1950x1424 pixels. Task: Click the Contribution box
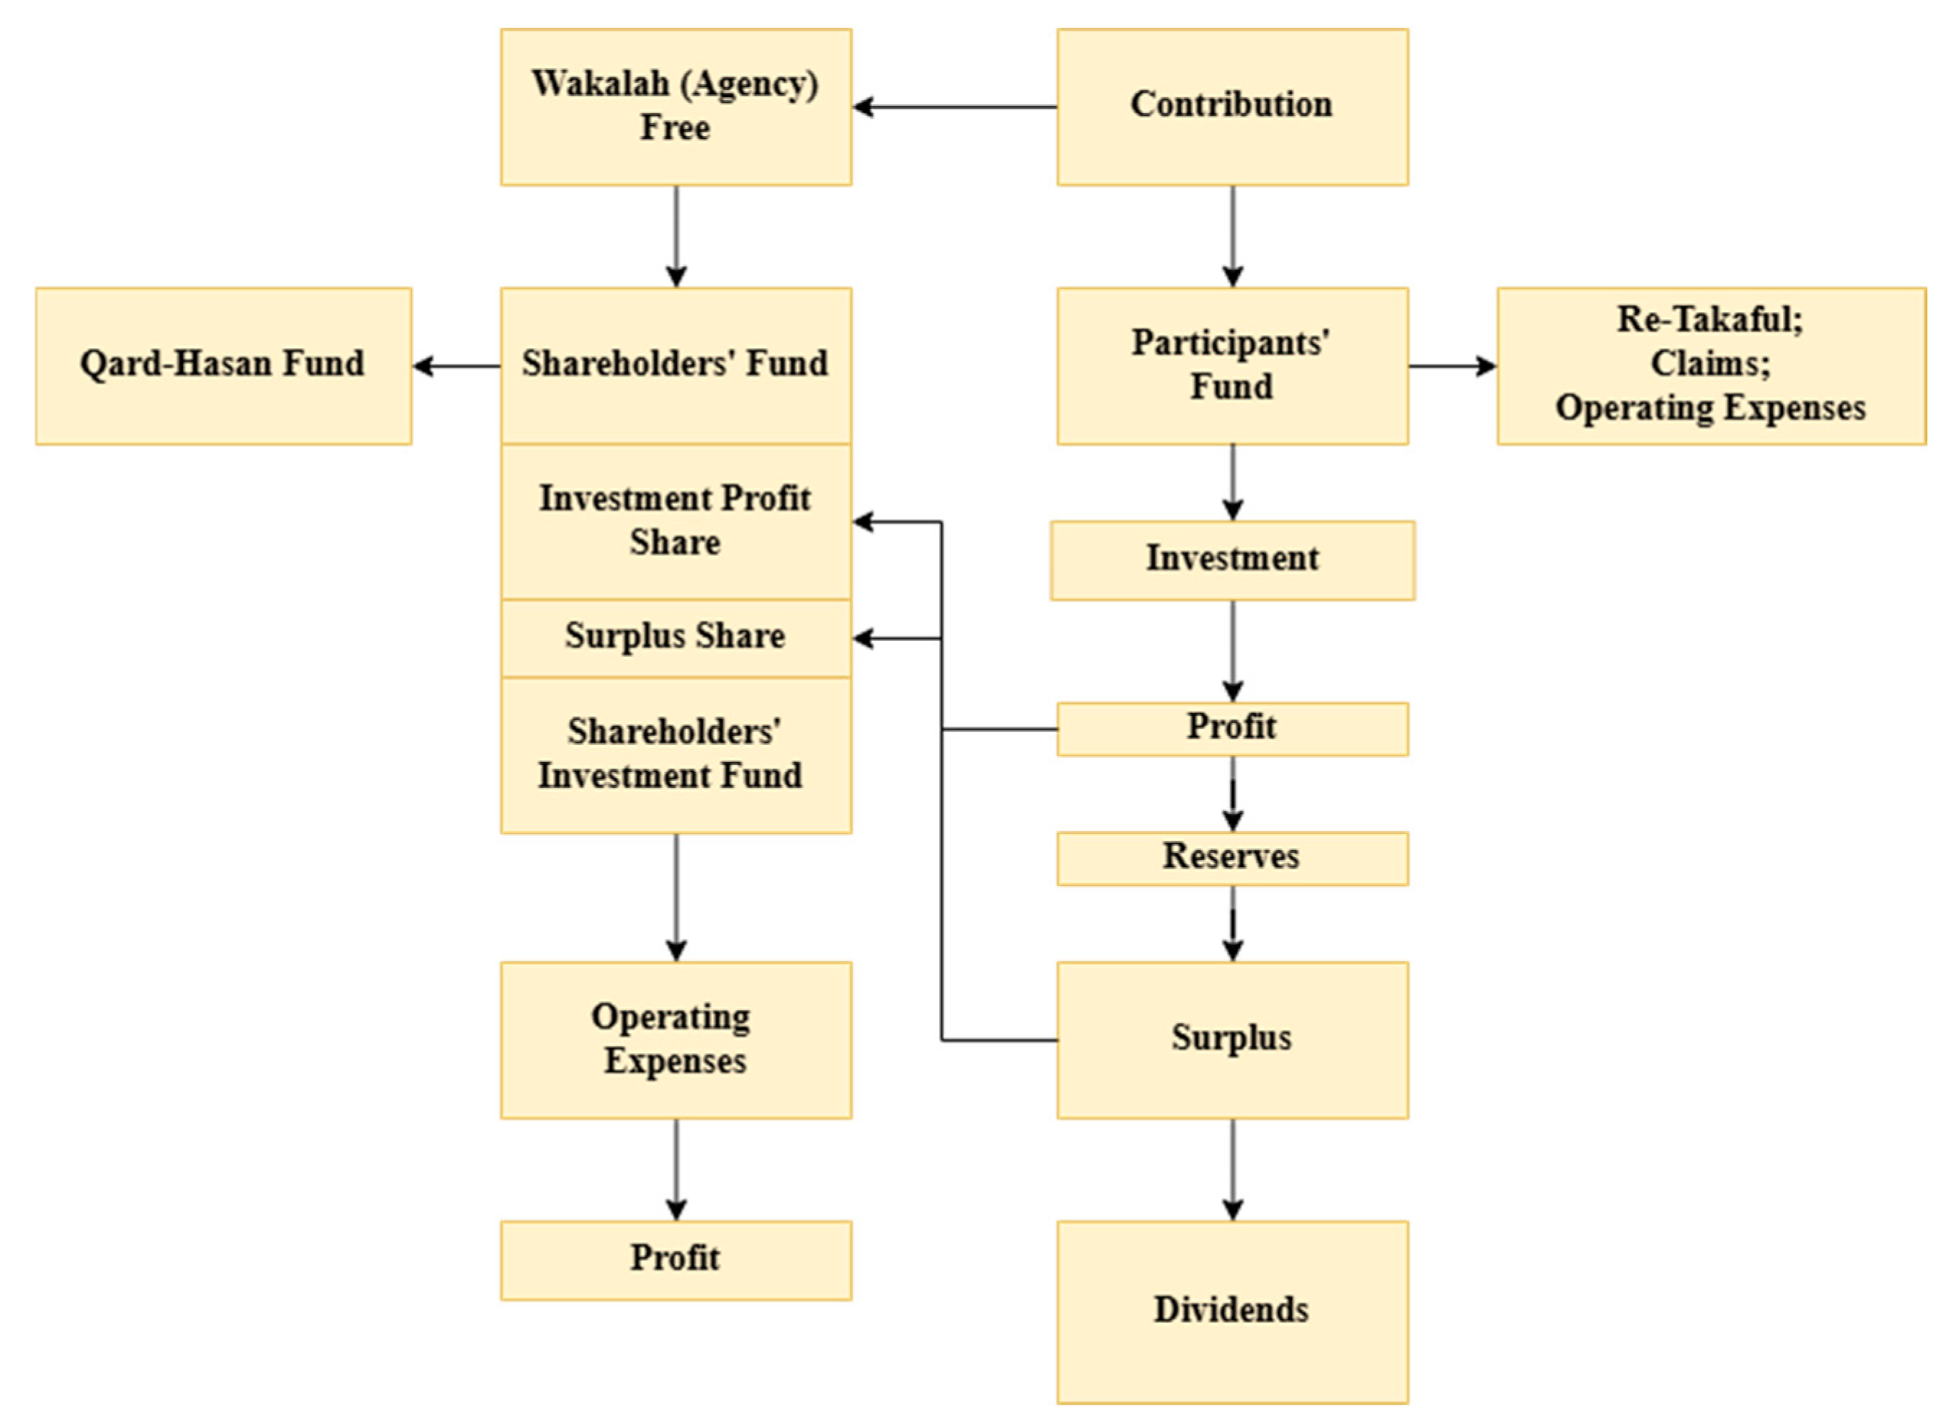(x=1231, y=107)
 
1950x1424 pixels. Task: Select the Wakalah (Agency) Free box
(x=675, y=107)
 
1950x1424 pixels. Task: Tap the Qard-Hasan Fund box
(x=223, y=365)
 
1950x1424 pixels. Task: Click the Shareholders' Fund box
(x=675, y=365)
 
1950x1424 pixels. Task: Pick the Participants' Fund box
(x=1231, y=365)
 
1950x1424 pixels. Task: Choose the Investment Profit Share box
(x=675, y=521)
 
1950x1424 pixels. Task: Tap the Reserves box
(x=1231, y=858)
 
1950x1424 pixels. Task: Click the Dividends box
(x=1231, y=1311)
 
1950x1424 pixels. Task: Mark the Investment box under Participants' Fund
(x=1231, y=560)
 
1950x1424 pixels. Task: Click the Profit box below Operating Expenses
(x=675, y=1259)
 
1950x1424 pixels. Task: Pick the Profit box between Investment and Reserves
(x=1231, y=728)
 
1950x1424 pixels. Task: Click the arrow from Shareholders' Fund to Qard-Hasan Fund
(x=457, y=365)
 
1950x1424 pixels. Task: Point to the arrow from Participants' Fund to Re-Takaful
(x=1452, y=365)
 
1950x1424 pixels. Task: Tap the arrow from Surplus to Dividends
(x=1232, y=1169)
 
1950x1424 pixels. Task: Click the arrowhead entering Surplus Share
(x=863, y=639)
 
